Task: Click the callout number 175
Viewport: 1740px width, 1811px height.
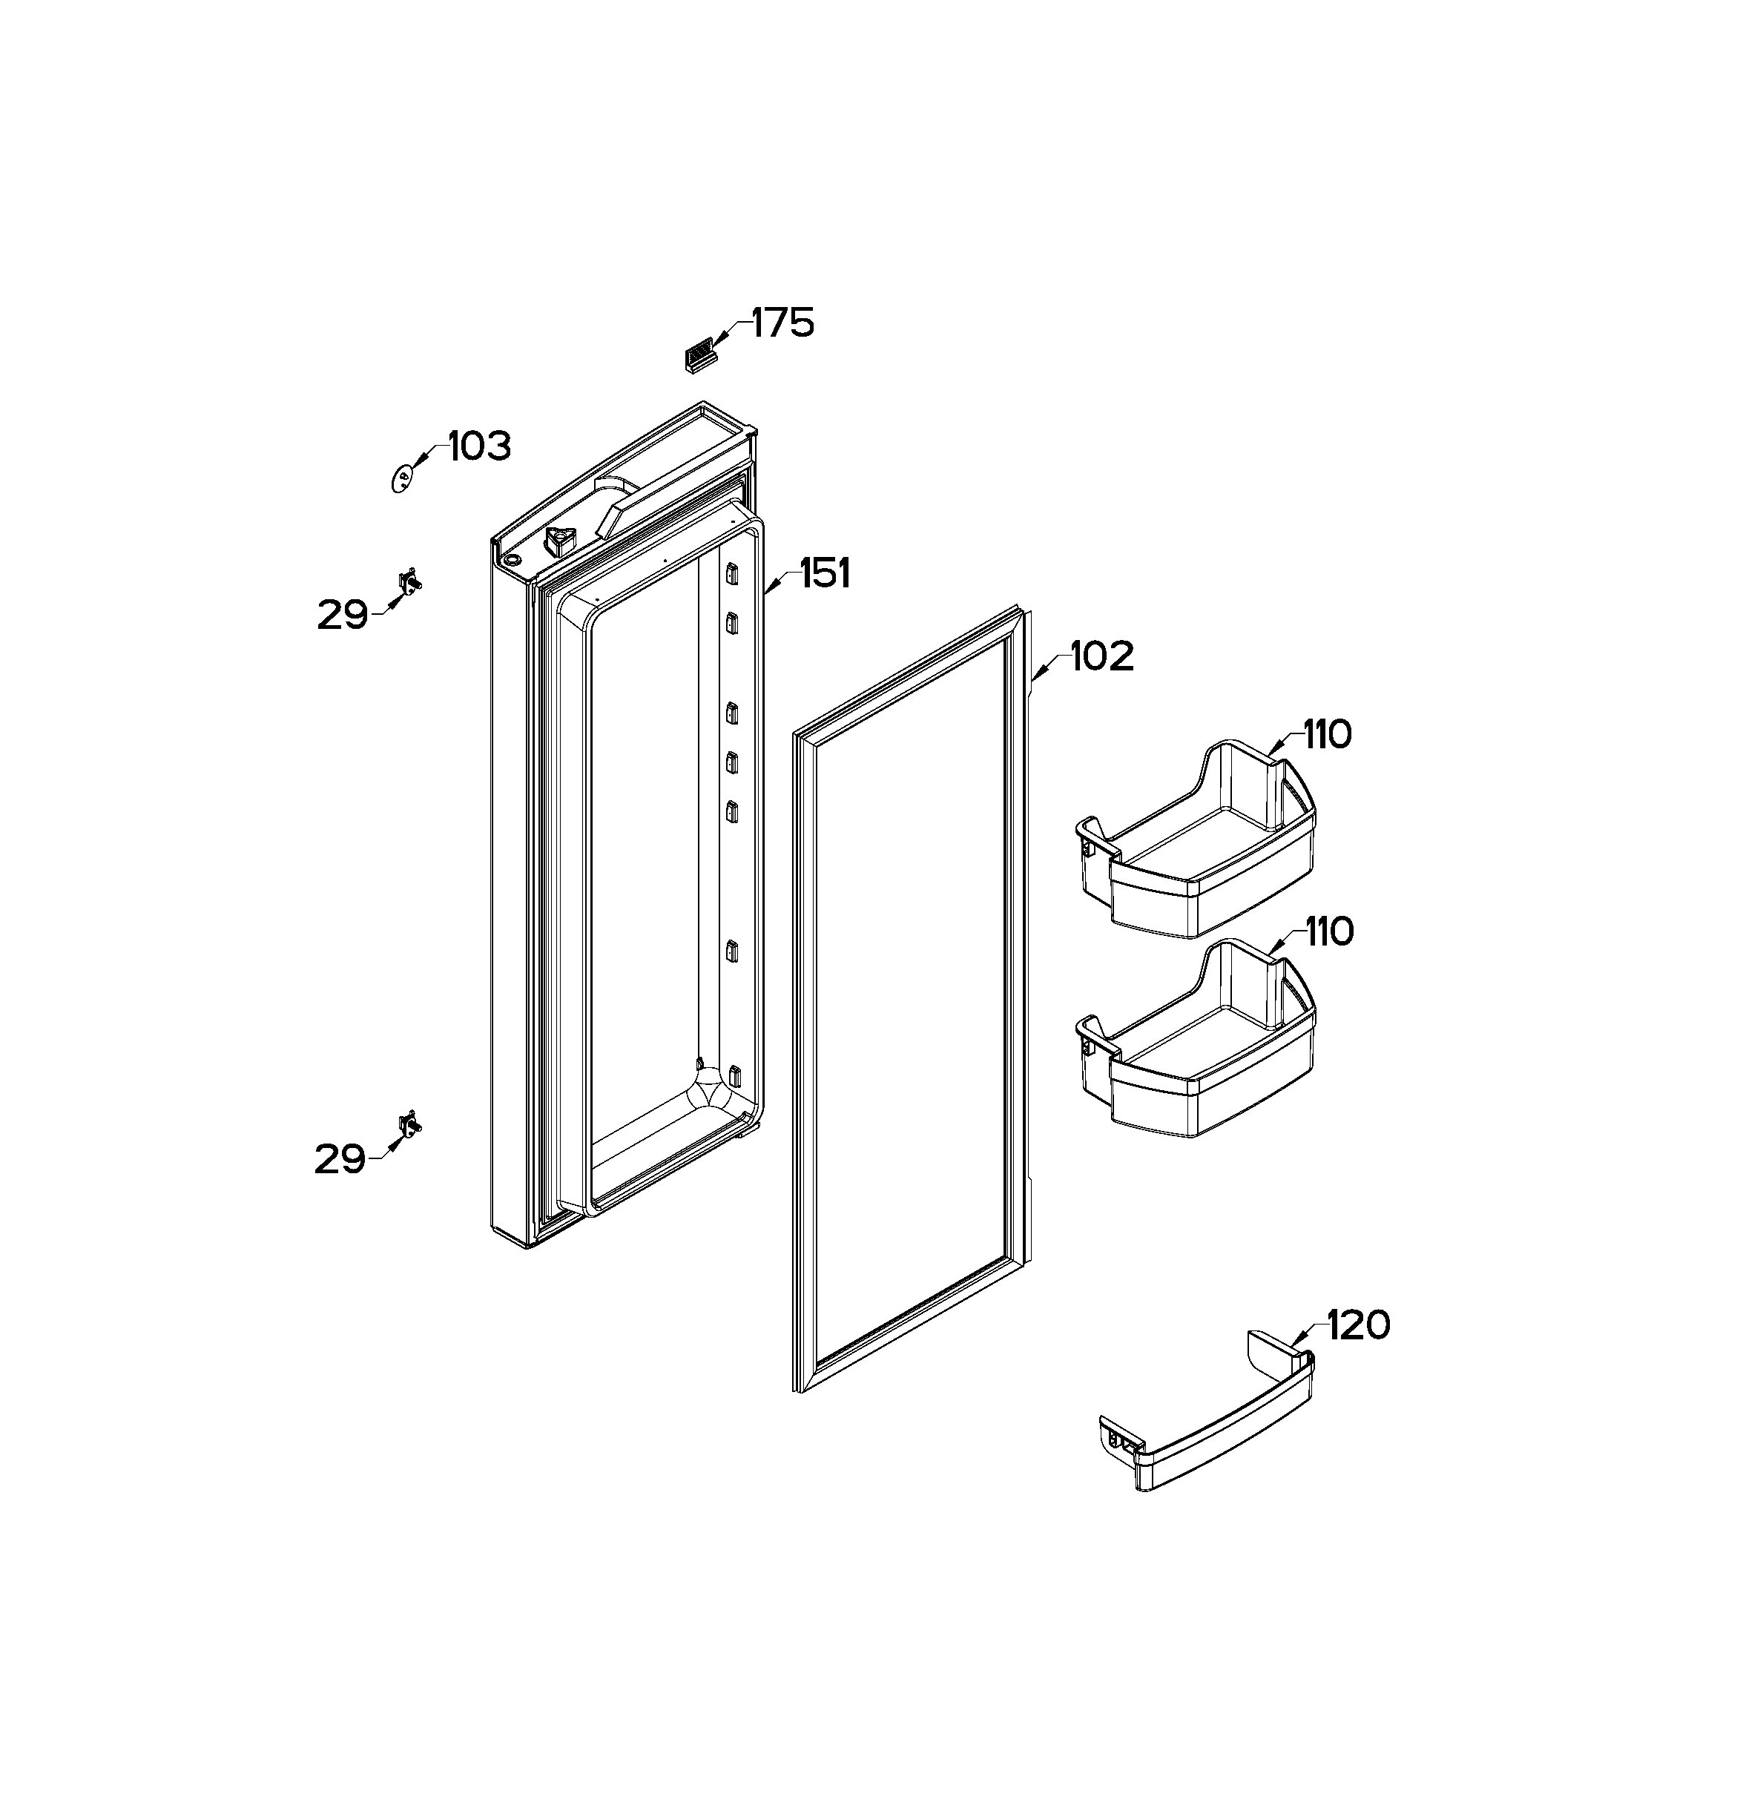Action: (782, 323)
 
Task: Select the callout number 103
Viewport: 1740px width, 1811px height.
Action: (480, 447)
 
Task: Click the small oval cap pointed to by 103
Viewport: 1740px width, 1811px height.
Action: (402, 478)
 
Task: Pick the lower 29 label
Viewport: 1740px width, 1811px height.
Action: (341, 1158)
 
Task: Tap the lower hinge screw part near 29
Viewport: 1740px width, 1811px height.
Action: (410, 1126)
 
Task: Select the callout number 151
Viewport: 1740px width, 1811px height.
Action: (824, 574)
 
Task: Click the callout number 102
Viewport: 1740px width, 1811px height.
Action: (1102, 657)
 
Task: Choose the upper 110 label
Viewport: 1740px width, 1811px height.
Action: (1328, 735)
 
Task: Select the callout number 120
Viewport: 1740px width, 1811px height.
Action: (1358, 1326)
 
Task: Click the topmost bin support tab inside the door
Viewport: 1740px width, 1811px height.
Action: (732, 575)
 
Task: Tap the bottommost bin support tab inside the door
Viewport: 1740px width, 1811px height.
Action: (736, 1075)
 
